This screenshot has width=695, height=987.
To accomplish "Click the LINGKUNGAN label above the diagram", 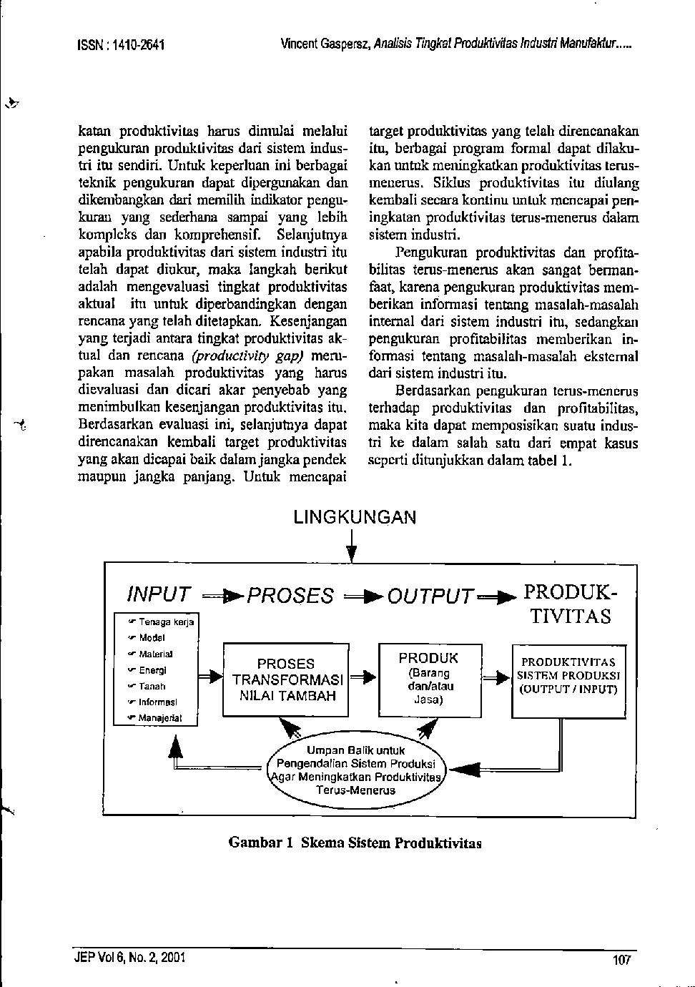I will click(x=355, y=518).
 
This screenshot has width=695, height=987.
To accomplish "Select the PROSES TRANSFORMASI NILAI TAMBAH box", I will click(x=285, y=679).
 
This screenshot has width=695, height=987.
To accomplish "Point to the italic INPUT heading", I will click(x=159, y=594).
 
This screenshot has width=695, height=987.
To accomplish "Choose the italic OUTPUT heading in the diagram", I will click(x=431, y=595).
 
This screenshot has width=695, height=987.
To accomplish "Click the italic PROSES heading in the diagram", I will click(x=290, y=595).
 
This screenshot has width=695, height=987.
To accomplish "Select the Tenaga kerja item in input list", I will click(x=165, y=622).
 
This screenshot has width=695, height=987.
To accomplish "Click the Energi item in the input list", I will click(x=152, y=670).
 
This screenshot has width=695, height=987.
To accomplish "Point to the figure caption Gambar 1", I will click(x=355, y=843).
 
